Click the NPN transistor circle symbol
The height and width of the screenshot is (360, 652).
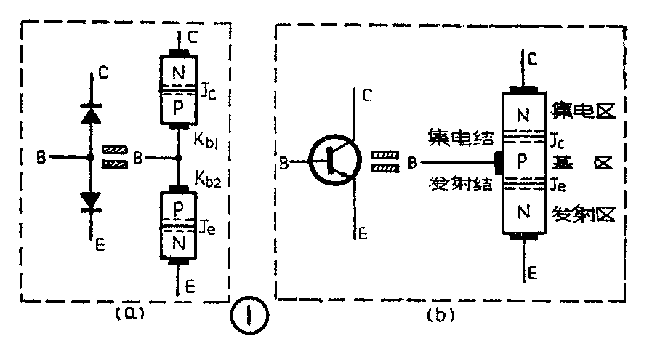coord(334,161)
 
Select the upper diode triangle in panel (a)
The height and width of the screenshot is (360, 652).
coord(90,114)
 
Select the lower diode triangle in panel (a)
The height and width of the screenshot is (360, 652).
coord(90,199)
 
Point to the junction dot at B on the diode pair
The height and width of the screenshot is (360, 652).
coord(90,156)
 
